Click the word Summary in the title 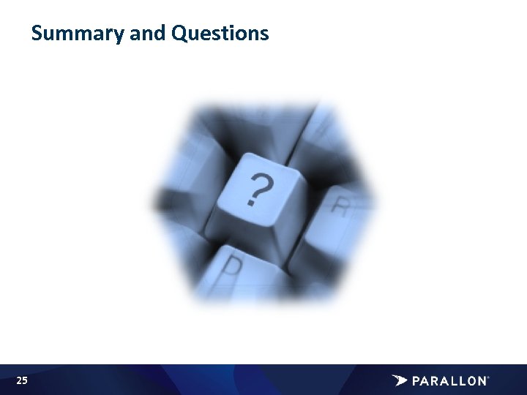[78, 34]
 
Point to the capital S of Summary [37, 34]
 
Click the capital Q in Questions [179, 34]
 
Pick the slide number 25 [22, 380]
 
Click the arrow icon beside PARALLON [400, 380]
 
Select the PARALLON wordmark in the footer [449, 381]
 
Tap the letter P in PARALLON [416, 381]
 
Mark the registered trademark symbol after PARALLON [487, 377]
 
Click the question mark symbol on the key [257, 189]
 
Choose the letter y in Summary [119, 35]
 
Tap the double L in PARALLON [452, 381]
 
